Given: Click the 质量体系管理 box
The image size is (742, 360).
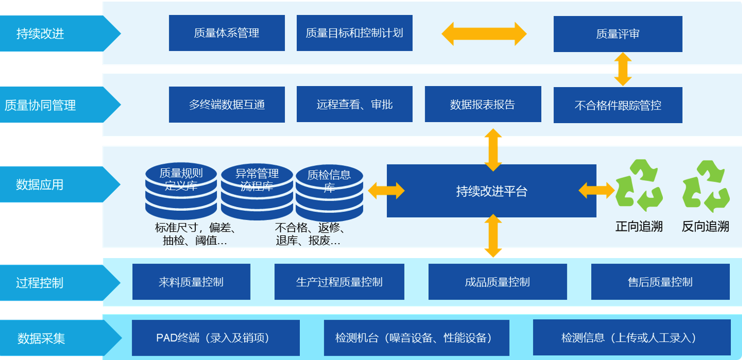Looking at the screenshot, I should tap(227, 33).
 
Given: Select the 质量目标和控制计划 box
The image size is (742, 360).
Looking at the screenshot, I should tap(354, 33).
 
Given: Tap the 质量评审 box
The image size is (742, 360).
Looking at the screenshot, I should tap(617, 34).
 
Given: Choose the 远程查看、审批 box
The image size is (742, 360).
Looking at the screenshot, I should tap(354, 105).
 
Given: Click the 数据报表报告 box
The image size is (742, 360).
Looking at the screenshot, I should tap(482, 105).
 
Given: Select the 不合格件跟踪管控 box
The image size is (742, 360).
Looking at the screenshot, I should tap(617, 105).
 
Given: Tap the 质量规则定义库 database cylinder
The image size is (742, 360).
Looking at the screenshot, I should tap(181, 191).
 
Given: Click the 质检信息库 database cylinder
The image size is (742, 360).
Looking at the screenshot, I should tap(329, 192).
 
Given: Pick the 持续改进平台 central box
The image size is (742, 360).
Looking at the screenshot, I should tap(491, 191).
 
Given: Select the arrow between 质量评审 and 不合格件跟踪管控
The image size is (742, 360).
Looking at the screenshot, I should tap(623, 69).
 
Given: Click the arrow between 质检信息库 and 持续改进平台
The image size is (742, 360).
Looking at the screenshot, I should tap(386, 191).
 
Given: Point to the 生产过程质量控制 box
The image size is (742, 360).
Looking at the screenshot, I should tap(339, 282).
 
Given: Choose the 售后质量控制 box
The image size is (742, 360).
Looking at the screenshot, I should tap(660, 282).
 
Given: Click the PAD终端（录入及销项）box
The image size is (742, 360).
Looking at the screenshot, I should tap(215, 338).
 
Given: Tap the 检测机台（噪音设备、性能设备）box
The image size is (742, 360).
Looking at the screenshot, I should tap(416, 338).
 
